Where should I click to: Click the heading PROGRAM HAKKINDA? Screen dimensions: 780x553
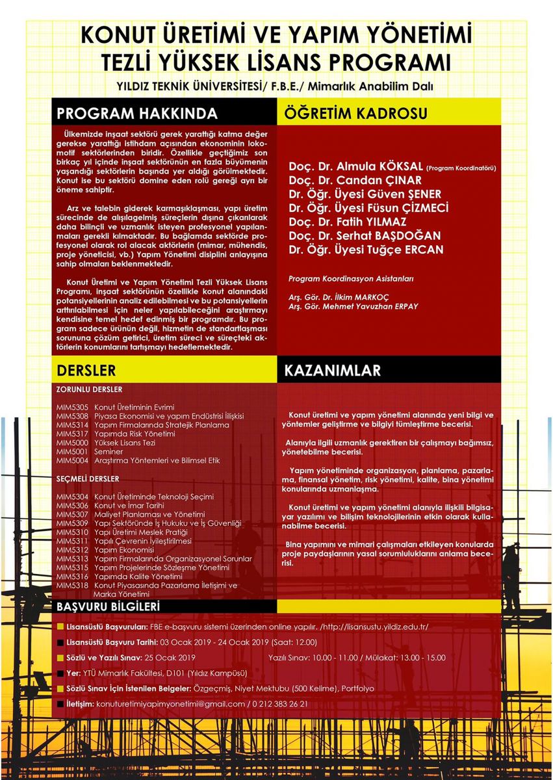(137, 113)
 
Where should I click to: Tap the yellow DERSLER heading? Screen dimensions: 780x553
(86, 370)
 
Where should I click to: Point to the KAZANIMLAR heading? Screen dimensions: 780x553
(332, 370)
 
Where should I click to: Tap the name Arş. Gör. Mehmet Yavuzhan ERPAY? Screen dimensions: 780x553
(354, 305)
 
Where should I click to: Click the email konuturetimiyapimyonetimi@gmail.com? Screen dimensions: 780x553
(170, 704)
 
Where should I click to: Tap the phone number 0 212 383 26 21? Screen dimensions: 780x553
(279, 704)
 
